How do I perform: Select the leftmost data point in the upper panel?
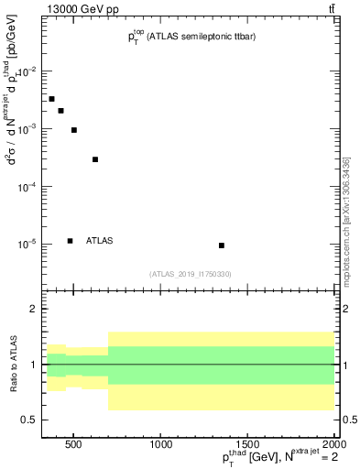point(51,99)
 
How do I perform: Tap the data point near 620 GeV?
point(95,159)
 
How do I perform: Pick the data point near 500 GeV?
point(74,130)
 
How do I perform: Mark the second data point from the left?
point(61,111)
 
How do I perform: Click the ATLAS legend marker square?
point(70,241)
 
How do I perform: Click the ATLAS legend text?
point(99,241)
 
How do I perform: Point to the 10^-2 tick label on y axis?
point(26,71)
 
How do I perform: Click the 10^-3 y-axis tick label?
point(26,129)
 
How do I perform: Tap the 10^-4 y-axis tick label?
point(26,187)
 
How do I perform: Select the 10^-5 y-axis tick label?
point(26,245)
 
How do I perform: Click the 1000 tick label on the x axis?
point(161,445)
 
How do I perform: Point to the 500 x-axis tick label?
point(75,445)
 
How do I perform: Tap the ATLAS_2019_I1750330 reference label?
point(190,274)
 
